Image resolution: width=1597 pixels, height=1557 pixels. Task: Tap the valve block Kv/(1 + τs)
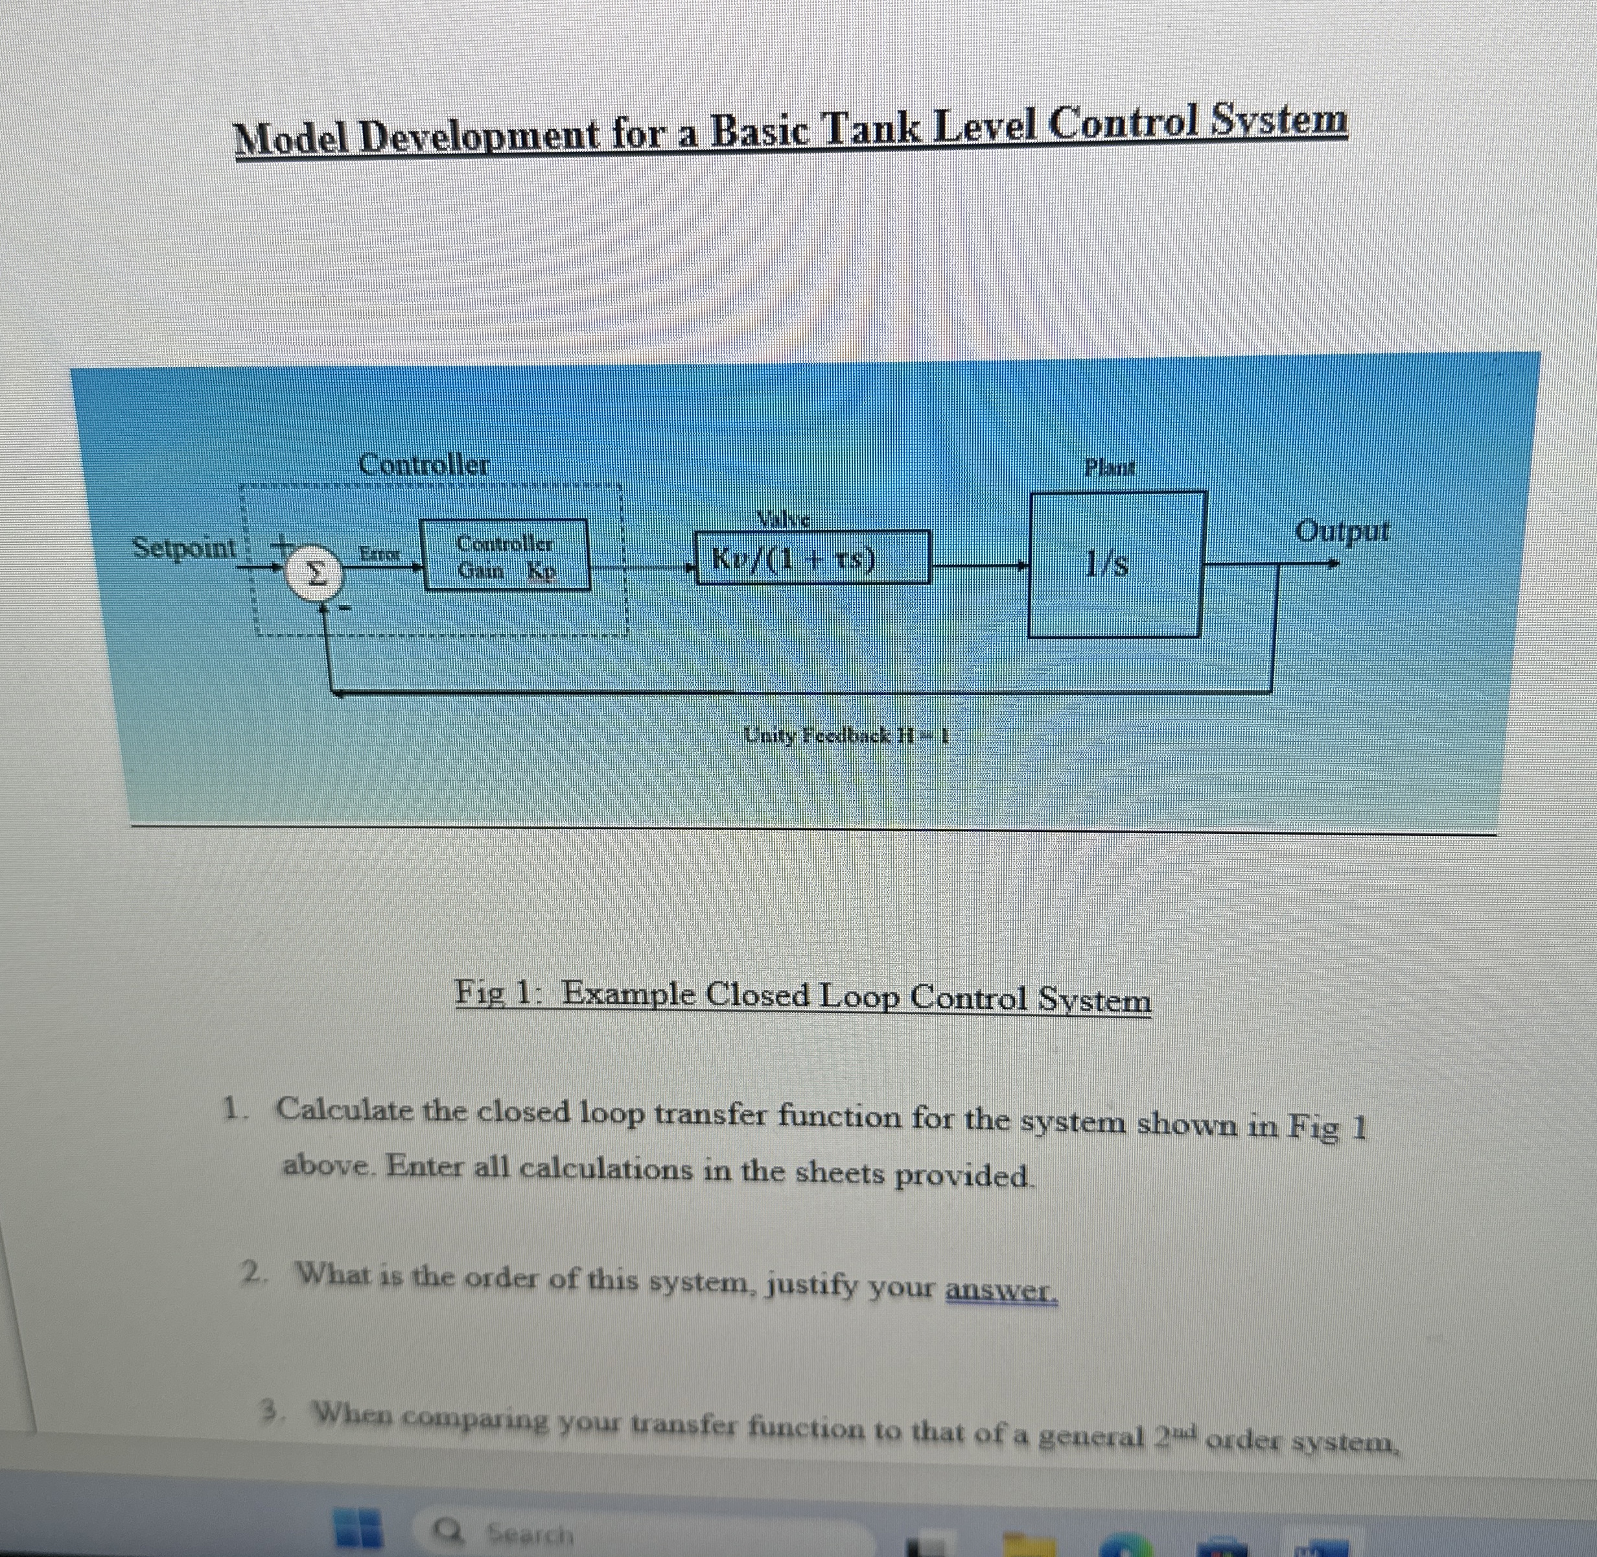811,558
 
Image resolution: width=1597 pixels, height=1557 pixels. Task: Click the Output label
1341,532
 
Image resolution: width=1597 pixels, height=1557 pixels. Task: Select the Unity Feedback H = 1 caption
846,735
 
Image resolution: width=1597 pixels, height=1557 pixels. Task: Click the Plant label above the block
1109,468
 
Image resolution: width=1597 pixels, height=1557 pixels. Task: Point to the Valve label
783,518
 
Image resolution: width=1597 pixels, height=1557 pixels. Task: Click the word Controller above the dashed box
424,464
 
